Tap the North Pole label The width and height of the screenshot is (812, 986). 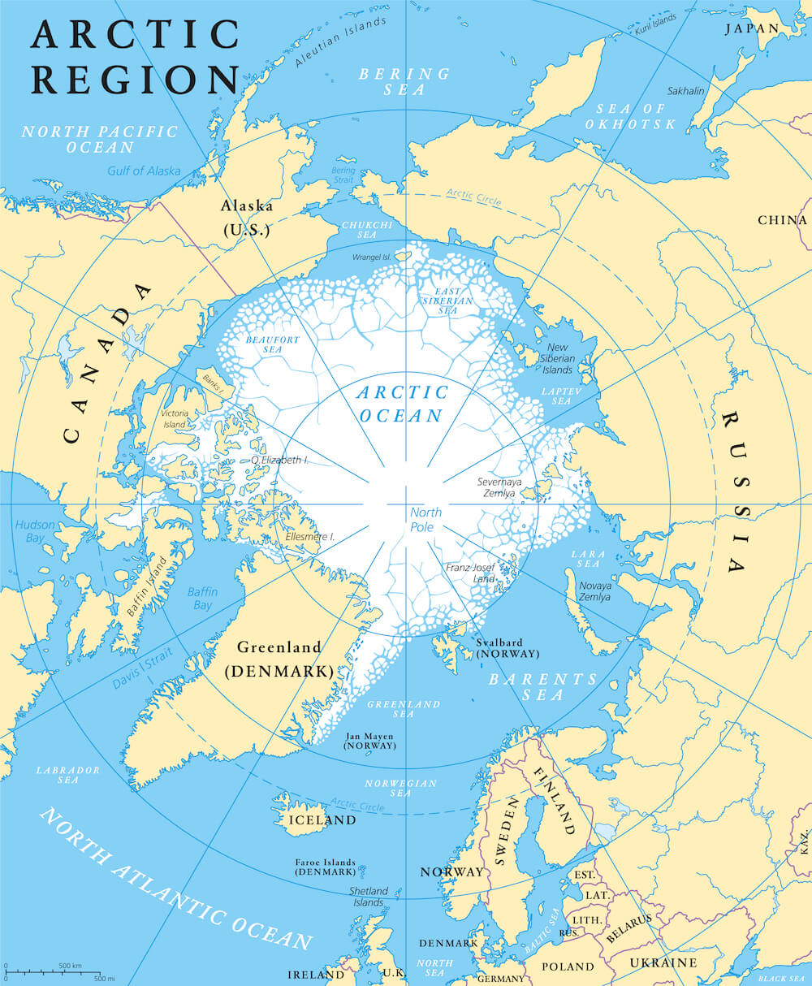(425, 519)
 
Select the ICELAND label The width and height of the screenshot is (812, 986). (322, 820)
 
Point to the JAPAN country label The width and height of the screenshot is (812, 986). (751, 28)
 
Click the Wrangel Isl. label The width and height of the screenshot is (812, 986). (372, 257)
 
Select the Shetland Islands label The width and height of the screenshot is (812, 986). (368, 897)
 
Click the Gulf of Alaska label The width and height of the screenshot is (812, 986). (144, 171)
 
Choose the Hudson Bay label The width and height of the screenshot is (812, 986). (35, 531)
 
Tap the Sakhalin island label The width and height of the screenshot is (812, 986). (685, 91)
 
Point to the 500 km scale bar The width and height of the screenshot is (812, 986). (54, 970)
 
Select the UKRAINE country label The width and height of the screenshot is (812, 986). (663, 962)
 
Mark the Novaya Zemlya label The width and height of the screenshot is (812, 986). (594, 590)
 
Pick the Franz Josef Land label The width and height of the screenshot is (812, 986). (470, 573)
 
